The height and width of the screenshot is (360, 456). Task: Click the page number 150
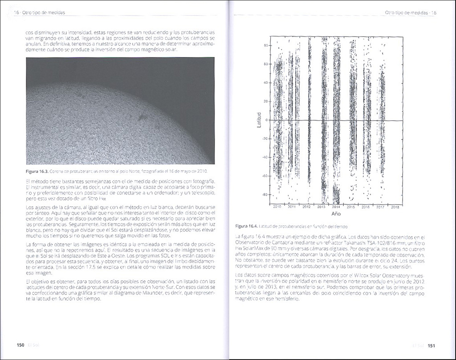click(20, 345)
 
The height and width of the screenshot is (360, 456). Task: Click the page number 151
click(431, 345)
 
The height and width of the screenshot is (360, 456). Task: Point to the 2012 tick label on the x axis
click(306, 207)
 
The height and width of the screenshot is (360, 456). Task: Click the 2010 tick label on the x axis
click(277, 207)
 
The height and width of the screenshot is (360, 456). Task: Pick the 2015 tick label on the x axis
click(350, 207)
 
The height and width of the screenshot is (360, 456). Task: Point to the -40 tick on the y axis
click(265, 157)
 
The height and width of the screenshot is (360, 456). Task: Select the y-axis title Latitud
click(259, 120)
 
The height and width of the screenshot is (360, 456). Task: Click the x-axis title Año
click(336, 213)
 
